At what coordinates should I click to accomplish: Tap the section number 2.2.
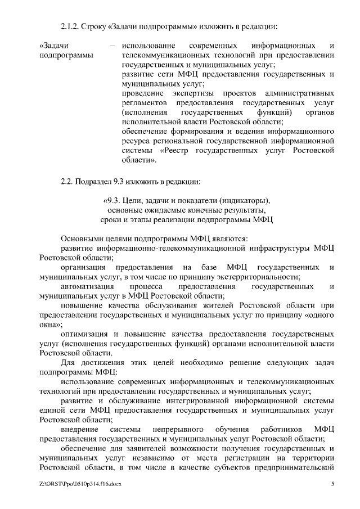(67, 181)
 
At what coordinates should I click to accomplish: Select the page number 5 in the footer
(333, 484)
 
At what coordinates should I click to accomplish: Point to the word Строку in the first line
(93, 26)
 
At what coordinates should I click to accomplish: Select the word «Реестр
(176, 151)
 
